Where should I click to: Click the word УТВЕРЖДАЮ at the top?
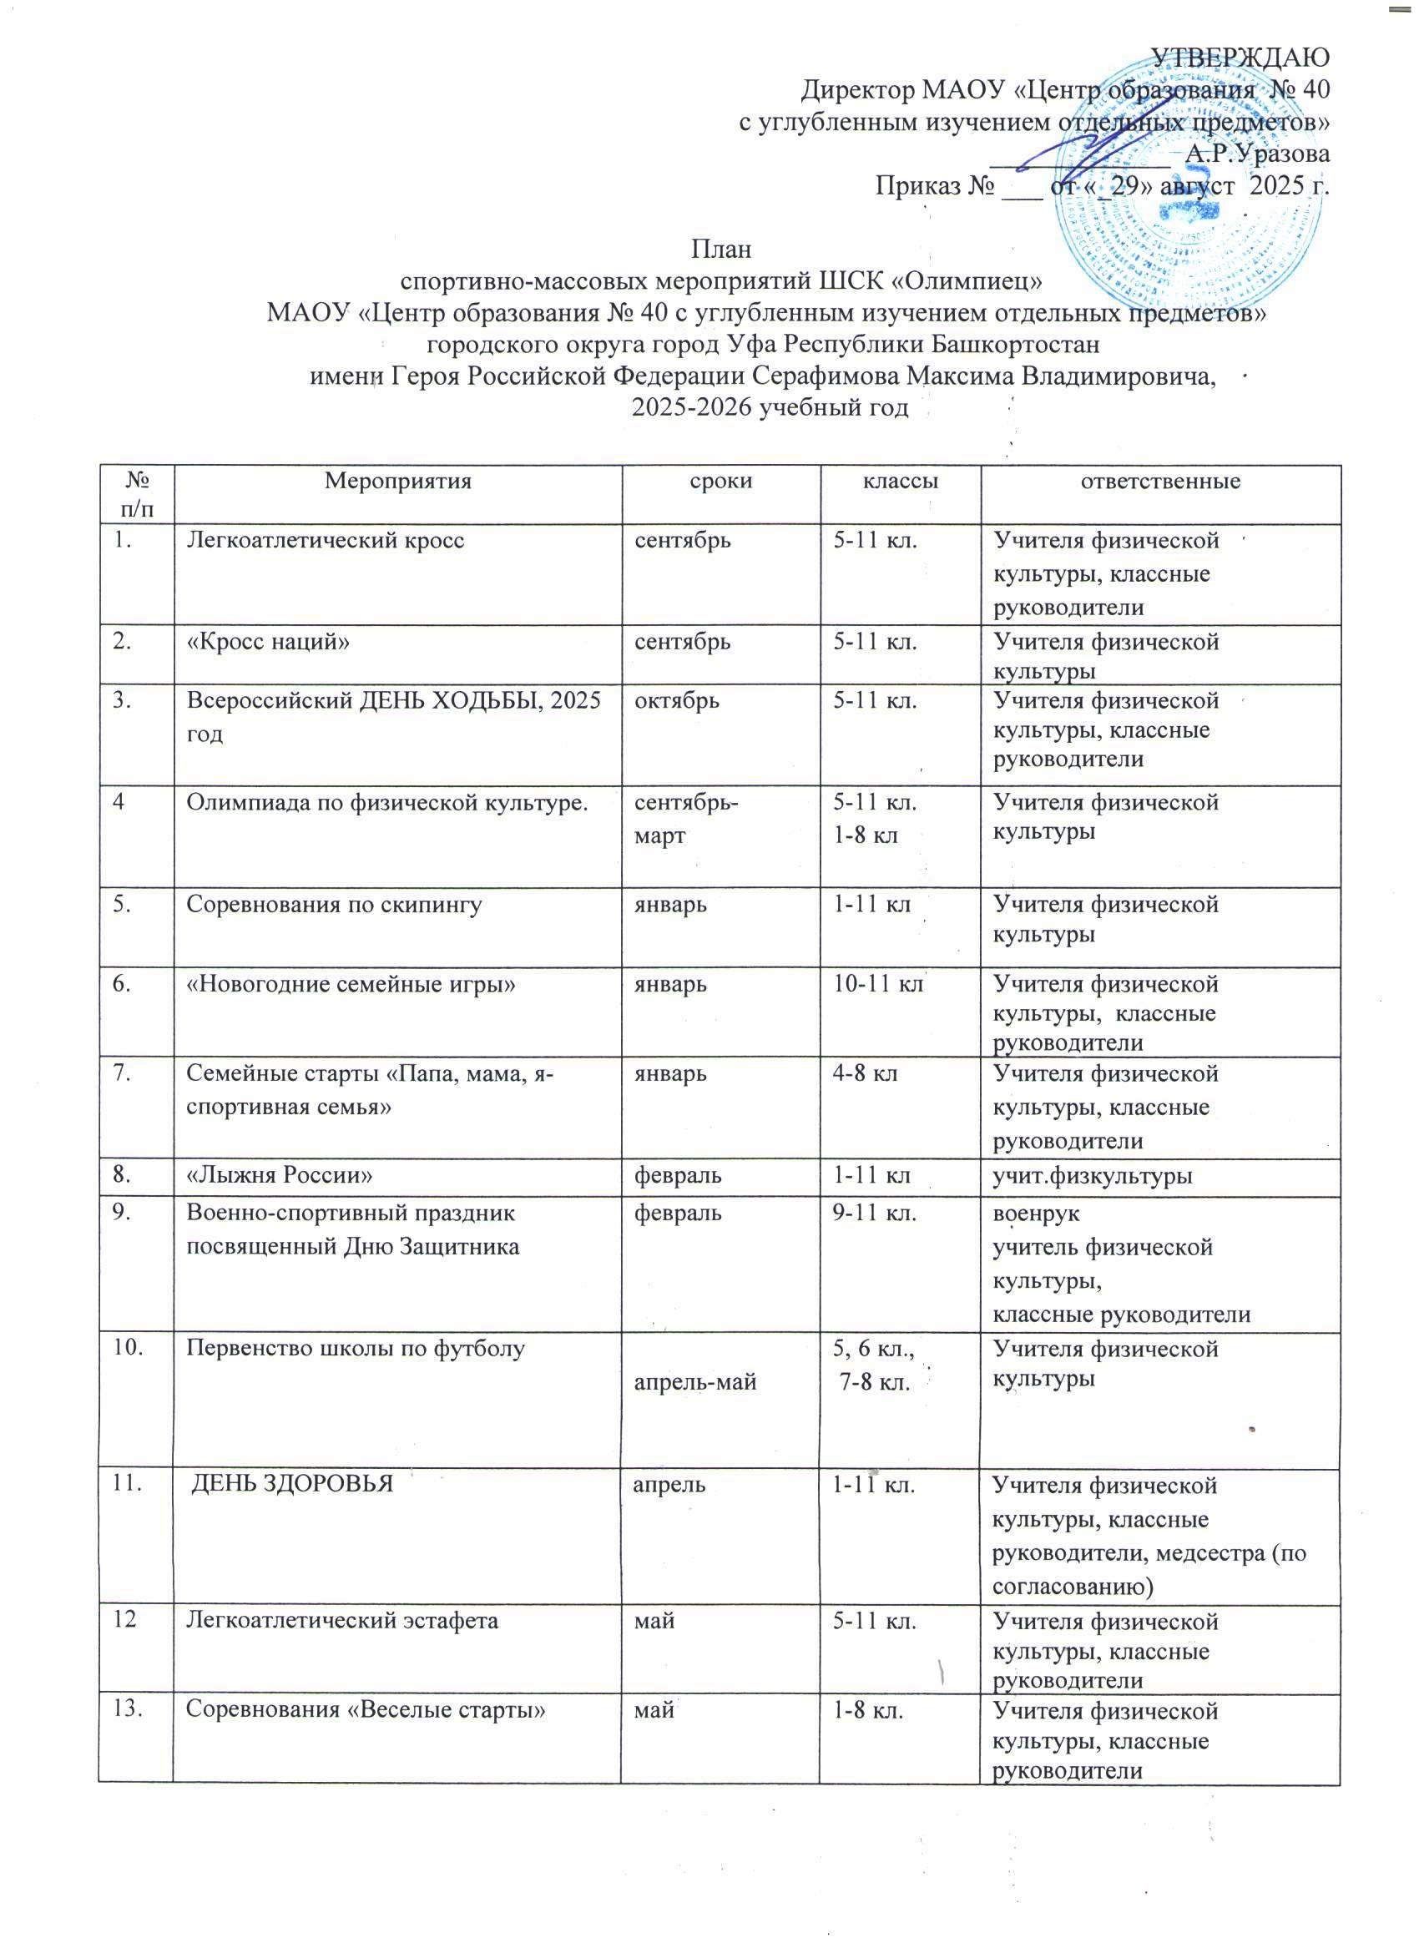coord(1240,57)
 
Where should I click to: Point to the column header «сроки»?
coord(720,481)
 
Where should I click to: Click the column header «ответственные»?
coord(1159,481)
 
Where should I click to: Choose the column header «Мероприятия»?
coord(397,481)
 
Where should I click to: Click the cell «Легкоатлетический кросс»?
coord(326,540)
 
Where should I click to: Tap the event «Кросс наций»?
coord(268,641)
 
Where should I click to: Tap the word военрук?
coord(1036,1214)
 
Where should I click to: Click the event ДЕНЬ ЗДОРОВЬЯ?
coord(291,1483)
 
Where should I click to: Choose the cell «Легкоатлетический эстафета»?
coord(342,1621)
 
